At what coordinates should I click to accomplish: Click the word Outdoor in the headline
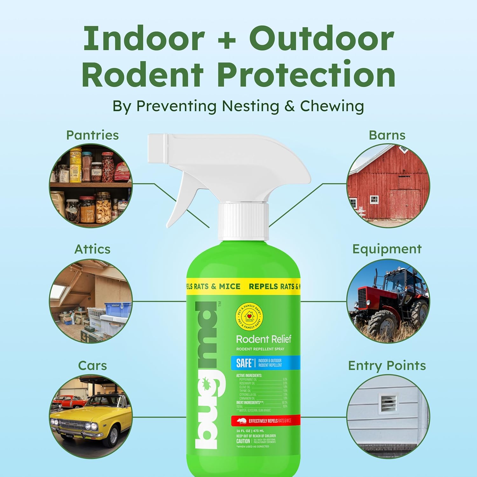(x=321, y=39)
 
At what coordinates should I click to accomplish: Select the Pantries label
(x=92, y=135)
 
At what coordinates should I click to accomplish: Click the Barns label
(x=387, y=135)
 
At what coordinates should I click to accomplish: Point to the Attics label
(x=92, y=249)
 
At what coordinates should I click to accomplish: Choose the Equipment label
(x=387, y=249)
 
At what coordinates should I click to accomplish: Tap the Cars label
(x=92, y=365)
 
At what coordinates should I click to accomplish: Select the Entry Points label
(x=387, y=366)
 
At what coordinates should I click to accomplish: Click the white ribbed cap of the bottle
(x=243, y=221)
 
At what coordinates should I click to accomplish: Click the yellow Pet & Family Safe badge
(x=249, y=316)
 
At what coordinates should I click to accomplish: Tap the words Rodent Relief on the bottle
(x=263, y=339)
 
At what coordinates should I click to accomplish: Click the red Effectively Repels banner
(x=266, y=421)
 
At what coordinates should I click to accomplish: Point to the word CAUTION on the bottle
(x=243, y=441)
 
